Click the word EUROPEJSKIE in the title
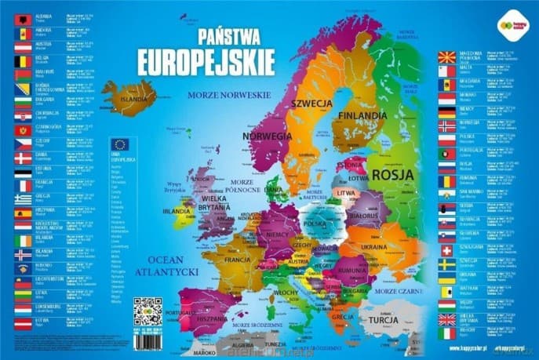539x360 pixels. [x=206, y=60]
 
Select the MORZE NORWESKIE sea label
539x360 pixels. [x=228, y=94]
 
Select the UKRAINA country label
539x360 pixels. [x=376, y=247]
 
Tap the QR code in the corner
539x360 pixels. [x=147, y=311]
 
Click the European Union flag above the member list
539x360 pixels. [x=119, y=144]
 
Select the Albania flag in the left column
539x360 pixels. [x=23, y=18]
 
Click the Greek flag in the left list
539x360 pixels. [x=23, y=198]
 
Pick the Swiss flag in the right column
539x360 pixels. [x=446, y=249]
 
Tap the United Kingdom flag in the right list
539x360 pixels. [x=446, y=319]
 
